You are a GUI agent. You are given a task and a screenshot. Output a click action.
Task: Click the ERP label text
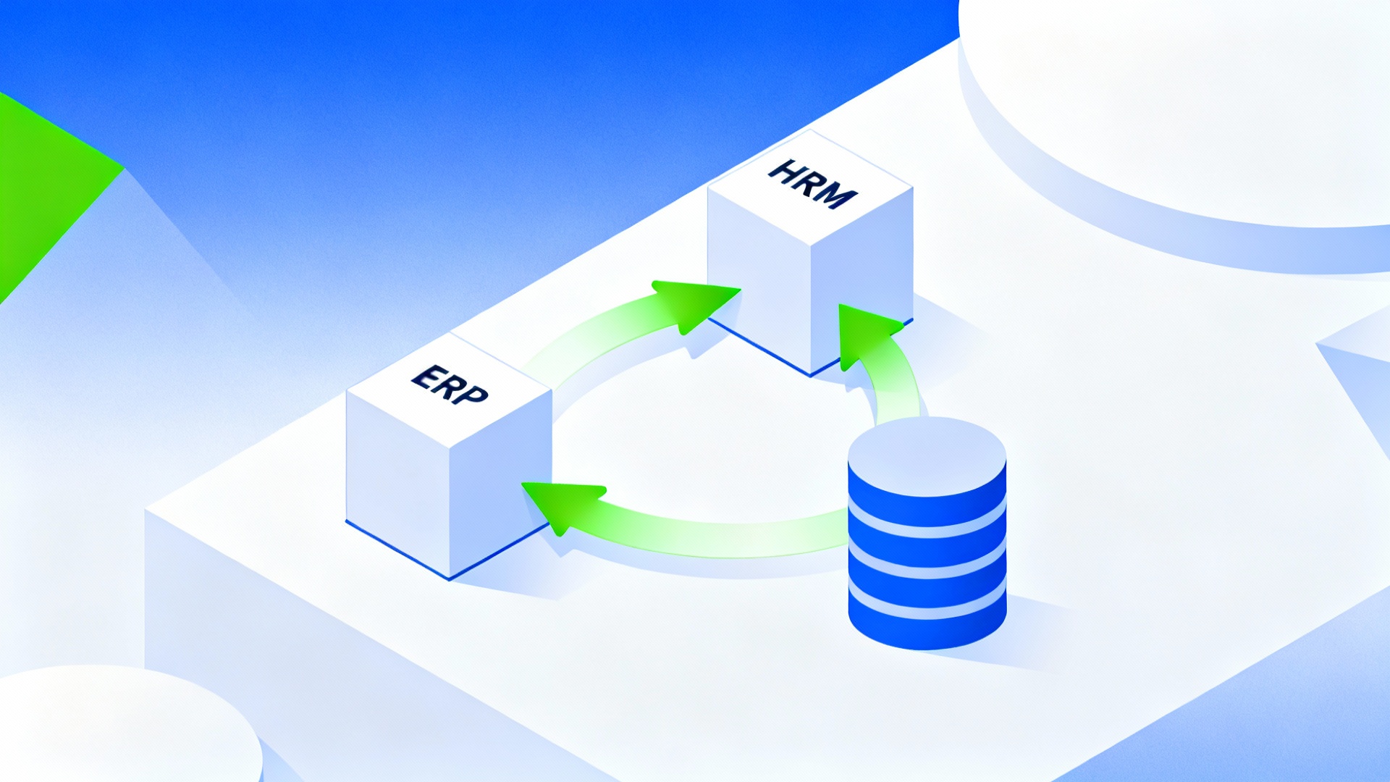click(450, 384)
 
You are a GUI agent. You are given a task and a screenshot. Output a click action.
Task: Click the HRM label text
click(812, 184)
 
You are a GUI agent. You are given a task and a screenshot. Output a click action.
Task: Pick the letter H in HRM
click(784, 172)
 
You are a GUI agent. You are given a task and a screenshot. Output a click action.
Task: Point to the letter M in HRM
click(837, 195)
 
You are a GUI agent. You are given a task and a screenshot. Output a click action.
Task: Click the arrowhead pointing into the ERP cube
click(561, 503)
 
